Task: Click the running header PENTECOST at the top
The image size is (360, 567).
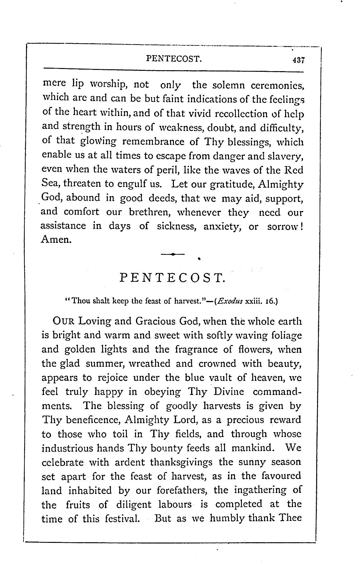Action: (174, 58)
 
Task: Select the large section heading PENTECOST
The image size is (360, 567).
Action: (173, 278)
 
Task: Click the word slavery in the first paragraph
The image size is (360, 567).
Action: (285, 156)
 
